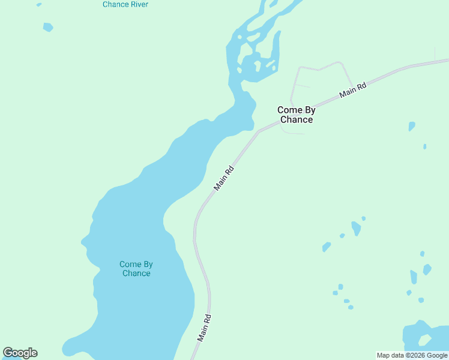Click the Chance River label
tap(125, 4)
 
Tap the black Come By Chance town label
tap(295, 115)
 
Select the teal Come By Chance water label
tap(136, 269)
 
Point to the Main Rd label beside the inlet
tap(224, 178)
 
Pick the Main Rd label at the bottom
tap(205, 328)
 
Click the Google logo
tap(20, 353)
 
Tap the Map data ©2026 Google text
tap(412, 355)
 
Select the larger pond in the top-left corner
tap(48, 27)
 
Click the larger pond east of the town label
tap(411, 126)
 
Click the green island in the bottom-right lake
tap(424, 340)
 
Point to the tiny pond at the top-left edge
tap(39, 5)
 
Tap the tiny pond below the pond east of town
tap(424, 146)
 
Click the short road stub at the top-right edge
tap(435, 53)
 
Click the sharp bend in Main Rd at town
tap(259, 131)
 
